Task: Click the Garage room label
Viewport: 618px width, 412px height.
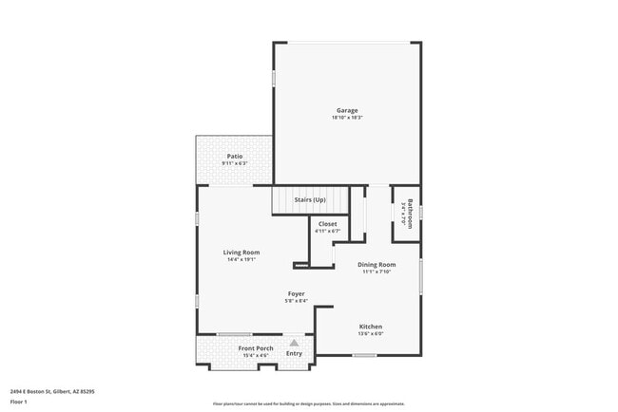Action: (346, 109)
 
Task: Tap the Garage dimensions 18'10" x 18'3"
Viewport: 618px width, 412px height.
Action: (347, 117)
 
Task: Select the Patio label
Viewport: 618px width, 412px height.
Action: (235, 156)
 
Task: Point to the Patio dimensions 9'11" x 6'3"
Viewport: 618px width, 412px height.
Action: (235, 163)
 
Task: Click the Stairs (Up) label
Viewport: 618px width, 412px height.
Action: (309, 199)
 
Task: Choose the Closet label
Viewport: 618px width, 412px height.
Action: (327, 223)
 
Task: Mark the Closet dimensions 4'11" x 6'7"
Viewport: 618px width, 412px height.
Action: (327, 231)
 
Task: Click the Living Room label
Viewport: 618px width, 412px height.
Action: (241, 252)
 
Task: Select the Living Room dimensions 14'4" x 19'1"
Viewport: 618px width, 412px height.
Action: (241, 259)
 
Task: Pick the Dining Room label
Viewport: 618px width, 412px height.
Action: (377, 265)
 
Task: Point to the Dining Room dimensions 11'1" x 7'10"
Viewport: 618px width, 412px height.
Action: (377, 272)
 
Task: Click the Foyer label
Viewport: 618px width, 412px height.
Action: (297, 294)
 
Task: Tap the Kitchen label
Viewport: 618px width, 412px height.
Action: (371, 327)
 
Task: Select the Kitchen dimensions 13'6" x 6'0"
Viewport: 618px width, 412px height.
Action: (371, 334)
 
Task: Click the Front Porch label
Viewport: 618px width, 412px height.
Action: (256, 348)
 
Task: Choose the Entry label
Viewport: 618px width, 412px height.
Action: (295, 353)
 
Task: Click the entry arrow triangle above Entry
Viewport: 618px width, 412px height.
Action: (295, 343)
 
